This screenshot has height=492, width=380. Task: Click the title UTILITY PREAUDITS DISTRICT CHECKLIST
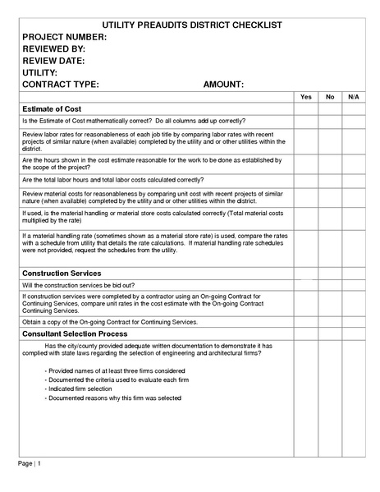189,25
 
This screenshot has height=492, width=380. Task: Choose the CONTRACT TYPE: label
61,84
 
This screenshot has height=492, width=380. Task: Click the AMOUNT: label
223,84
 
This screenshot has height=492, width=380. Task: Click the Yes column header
306,97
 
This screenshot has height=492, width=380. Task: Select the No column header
330,97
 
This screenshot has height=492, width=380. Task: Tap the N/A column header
354,97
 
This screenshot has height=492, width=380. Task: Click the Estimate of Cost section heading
52,109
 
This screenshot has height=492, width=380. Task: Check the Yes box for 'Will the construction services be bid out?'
306,285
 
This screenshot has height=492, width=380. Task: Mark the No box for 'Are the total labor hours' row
330,179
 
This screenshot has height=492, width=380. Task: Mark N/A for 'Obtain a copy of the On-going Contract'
354,323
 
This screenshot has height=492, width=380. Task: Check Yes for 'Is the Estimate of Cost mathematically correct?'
306,121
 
